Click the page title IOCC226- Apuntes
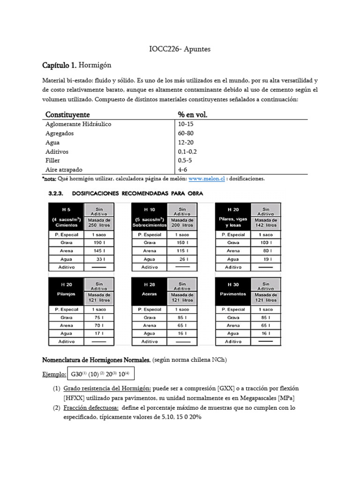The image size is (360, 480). [180, 48]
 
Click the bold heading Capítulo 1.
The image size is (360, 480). [60, 64]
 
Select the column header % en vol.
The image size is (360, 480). [193, 115]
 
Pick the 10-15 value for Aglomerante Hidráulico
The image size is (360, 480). [186, 124]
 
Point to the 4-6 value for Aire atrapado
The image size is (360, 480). [183, 169]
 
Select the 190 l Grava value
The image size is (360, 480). [98, 243]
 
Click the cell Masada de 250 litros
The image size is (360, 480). [98, 223]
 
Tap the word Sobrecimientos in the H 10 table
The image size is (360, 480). [150, 225]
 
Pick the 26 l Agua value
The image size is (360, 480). [182, 259]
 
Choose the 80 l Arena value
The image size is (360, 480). [265, 251]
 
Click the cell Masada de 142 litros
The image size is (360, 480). [265, 223]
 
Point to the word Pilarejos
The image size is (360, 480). [66, 294]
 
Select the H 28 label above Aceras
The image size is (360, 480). [150, 285]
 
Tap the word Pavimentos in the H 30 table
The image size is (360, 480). [233, 294]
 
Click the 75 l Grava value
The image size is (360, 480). [98, 317]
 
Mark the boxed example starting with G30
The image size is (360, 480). [100, 374]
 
